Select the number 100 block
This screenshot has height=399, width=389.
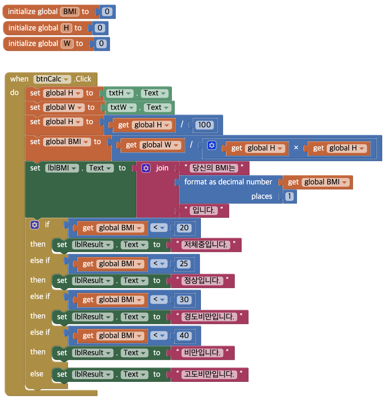pyautogui.click(x=204, y=125)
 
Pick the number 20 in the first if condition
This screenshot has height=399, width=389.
pyautogui.click(x=184, y=228)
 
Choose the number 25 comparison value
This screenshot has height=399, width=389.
pyautogui.click(x=184, y=264)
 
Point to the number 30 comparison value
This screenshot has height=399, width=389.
pyautogui.click(x=184, y=300)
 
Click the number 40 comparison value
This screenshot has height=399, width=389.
pyautogui.click(x=184, y=336)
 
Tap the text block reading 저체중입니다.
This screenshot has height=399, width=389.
pyautogui.click(x=206, y=245)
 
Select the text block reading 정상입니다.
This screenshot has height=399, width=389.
pyautogui.click(x=202, y=280)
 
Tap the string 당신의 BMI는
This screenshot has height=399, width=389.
pyautogui.click(x=214, y=168)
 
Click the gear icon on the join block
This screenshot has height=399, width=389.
pyautogui.click(x=146, y=168)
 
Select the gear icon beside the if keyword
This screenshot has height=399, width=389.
pyautogui.click(x=35, y=225)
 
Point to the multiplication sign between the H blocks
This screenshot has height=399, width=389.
pyautogui.click(x=296, y=148)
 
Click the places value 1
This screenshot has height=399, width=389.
pyautogui.click(x=290, y=196)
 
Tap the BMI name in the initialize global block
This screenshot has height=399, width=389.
pyautogui.click(x=69, y=12)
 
